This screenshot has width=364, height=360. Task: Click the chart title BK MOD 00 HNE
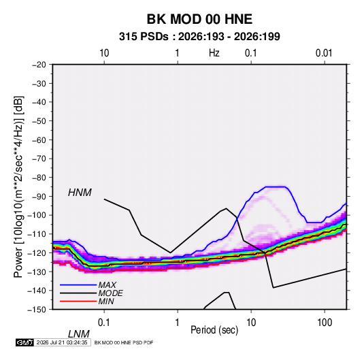pos(199,19)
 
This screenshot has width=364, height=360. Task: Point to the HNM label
pos(80,193)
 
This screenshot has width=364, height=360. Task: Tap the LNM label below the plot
pos(79,334)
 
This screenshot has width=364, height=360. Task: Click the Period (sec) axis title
pos(214,330)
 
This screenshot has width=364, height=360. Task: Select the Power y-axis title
pos(18,187)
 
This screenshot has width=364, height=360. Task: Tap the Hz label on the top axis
pos(214,53)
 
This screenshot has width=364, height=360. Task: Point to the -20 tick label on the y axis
pos(39,65)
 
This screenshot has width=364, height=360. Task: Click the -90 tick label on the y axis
pos(39,196)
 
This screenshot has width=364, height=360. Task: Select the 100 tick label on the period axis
pos(325,323)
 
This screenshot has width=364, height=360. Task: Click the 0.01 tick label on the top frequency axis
pos(324,53)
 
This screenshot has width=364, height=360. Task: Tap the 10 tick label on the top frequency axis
pos(104,53)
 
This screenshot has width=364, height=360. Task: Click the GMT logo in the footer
pos(25,342)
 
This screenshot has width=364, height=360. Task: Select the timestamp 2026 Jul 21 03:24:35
pos(62,342)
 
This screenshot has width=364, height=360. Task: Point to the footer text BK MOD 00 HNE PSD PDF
pos(124,342)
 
